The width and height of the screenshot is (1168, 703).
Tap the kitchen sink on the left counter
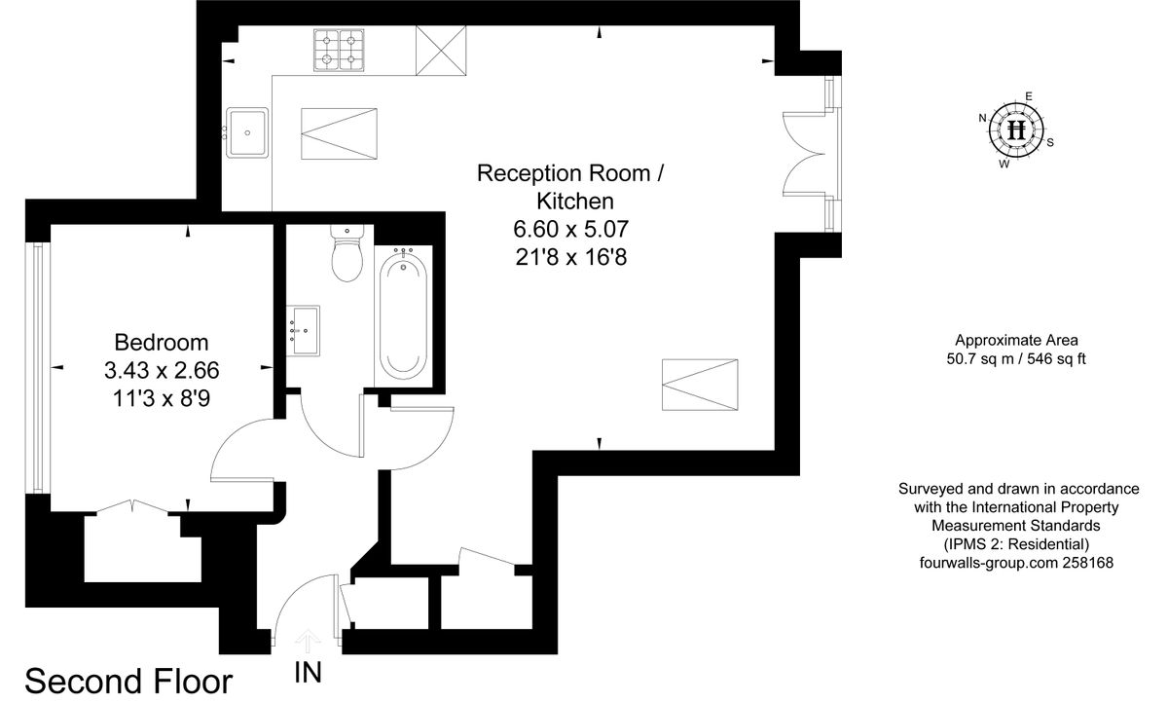(247, 131)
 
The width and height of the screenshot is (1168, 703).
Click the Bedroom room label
(162, 343)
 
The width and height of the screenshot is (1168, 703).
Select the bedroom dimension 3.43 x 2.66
(162, 370)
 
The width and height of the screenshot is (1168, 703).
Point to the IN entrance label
(309, 673)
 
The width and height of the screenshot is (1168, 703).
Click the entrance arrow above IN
(309, 641)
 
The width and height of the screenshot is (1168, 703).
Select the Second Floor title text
(128, 681)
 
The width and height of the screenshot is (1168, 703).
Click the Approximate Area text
(1016, 340)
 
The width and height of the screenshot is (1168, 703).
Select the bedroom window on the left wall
(38, 367)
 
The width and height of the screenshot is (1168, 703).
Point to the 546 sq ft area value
(1054, 358)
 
